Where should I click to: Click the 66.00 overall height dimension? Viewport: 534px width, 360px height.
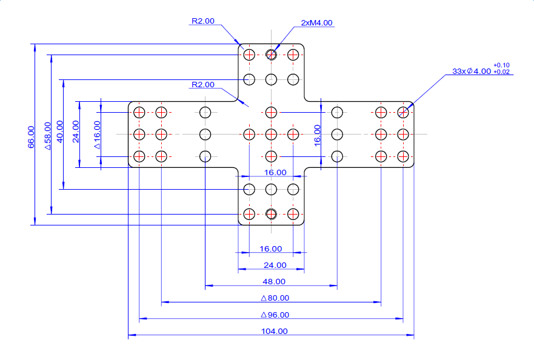click(x=31, y=137)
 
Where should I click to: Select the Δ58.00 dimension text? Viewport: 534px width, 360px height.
click(x=48, y=136)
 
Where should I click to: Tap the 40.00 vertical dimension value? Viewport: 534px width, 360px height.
click(x=59, y=132)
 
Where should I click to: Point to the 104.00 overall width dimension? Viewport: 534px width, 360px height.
click(x=274, y=331)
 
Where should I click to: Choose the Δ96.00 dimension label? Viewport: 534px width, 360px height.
click(x=275, y=315)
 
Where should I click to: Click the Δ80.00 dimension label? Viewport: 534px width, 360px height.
click(x=275, y=298)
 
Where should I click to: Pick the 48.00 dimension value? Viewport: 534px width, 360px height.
click(x=274, y=282)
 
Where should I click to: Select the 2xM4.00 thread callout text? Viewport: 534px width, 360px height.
click(x=316, y=23)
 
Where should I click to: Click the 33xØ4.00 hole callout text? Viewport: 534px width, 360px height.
click(x=472, y=71)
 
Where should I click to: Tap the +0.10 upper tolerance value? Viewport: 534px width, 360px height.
click(x=501, y=65)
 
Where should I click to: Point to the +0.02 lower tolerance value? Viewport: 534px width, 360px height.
click(x=501, y=72)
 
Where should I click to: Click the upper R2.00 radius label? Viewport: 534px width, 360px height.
click(x=203, y=21)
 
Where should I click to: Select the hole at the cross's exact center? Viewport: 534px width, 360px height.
click(x=271, y=134)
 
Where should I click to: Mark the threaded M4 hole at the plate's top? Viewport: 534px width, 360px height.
click(x=271, y=55)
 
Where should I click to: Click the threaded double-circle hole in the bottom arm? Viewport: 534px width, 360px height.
click(x=271, y=214)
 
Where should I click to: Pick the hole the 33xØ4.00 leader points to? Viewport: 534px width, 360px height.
click(x=403, y=112)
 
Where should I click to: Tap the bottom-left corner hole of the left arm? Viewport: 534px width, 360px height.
click(x=139, y=157)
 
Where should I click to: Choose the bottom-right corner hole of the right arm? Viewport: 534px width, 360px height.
click(x=403, y=157)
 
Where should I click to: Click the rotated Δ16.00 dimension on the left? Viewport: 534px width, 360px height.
click(x=98, y=135)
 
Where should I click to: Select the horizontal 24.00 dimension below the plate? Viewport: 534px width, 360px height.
click(x=275, y=265)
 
